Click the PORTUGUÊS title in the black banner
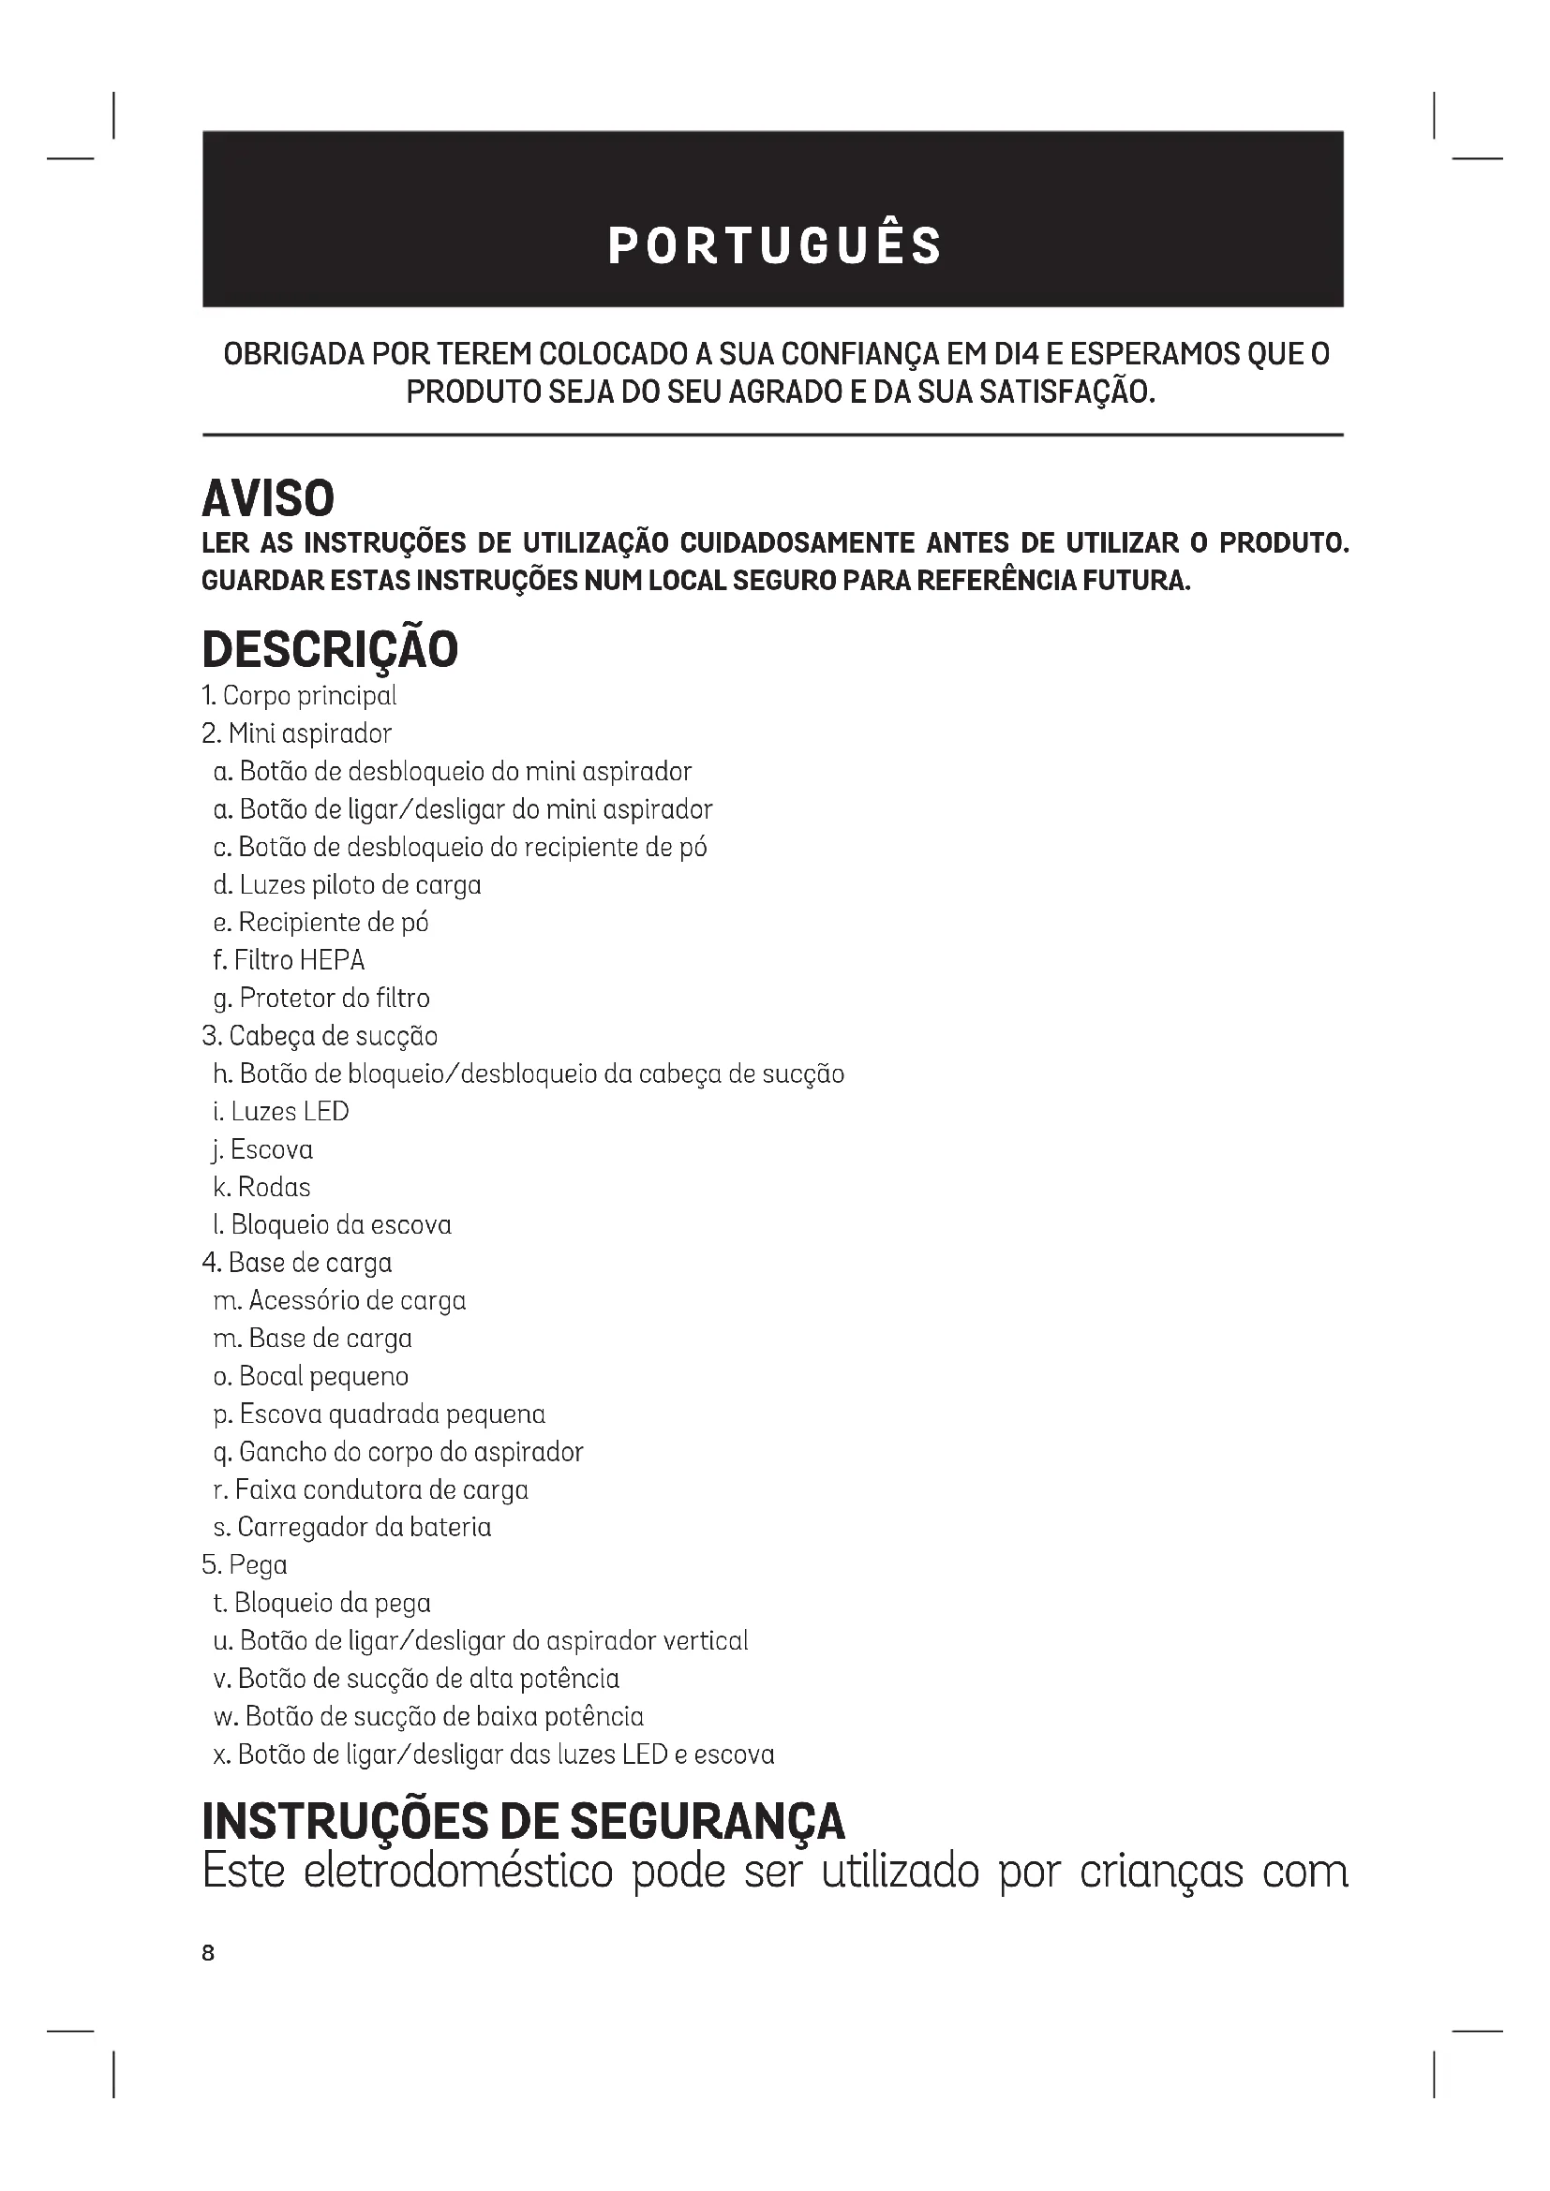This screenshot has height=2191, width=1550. click(x=774, y=245)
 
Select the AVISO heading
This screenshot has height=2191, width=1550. click(x=268, y=498)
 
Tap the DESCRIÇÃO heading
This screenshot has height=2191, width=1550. click(x=330, y=649)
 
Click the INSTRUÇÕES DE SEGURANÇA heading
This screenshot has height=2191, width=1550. click(x=523, y=1821)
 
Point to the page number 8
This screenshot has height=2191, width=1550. click(x=208, y=1953)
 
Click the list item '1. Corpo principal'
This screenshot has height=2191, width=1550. click(x=299, y=696)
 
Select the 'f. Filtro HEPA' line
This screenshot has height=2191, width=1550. click(x=289, y=960)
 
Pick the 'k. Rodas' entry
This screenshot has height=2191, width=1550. click(x=261, y=1187)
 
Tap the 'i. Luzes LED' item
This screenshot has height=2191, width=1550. click(x=280, y=1112)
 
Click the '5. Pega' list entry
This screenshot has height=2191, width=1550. click(x=245, y=1565)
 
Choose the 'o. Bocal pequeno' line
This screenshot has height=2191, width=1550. click(x=310, y=1376)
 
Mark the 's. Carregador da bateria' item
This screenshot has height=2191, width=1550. click(x=352, y=1527)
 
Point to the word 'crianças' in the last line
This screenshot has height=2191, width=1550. click(x=1161, y=1872)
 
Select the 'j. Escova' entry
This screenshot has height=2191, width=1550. click(x=262, y=1149)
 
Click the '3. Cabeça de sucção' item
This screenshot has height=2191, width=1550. click(x=320, y=1036)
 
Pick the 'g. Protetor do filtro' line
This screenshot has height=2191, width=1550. click(x=320, y=999)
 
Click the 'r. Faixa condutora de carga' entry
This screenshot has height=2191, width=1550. click(x=370, y=1489)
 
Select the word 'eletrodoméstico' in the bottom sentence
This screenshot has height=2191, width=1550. click(x=458, y=1872)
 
